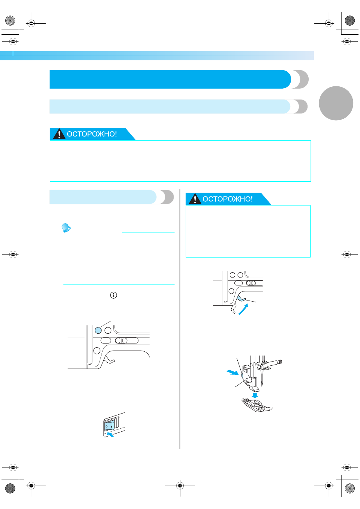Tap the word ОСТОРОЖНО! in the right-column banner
point(228,199)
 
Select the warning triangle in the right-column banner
point(195,199)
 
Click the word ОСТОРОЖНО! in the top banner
point(92,134)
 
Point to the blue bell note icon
point(66,228)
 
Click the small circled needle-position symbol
point(114,295)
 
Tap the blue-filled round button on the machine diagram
point(98,330)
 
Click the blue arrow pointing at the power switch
point(110,434)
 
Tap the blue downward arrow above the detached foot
point(255,396)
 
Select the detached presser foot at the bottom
point(257,405)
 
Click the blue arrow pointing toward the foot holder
point(232,372)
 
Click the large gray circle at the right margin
point(336,103)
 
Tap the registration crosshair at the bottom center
point(180,486)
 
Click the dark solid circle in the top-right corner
point(350,20)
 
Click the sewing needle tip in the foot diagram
point(262,386)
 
